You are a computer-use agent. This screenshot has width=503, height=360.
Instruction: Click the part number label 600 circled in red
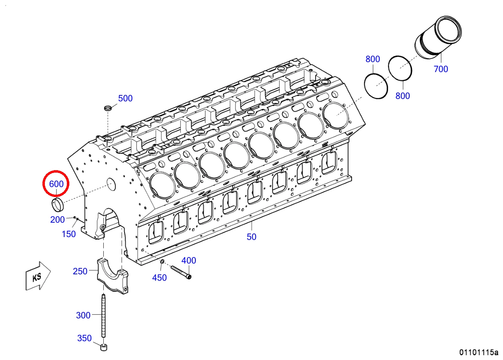(56, 184)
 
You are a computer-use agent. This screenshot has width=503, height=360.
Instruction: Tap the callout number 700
(441, 69)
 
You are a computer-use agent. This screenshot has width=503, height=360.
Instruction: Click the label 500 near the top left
(125, 98)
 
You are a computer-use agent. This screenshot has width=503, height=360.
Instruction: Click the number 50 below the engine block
(251, 237)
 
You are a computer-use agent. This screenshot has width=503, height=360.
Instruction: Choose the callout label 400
(189, 260)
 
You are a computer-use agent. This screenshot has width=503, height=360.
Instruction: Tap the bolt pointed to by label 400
(181, 272)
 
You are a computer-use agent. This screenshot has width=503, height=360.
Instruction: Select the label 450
(159, 278)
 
